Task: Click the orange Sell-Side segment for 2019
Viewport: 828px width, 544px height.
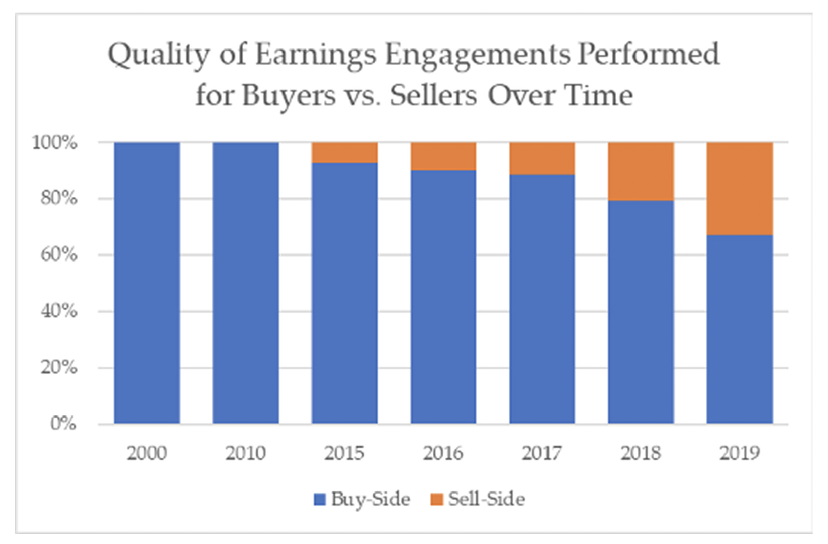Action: pyautogui.click(x=739, y=189)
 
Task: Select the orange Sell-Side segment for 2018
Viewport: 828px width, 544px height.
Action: pyautogui.click(x=640, y=171)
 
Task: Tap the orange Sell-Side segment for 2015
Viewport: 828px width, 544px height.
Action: pyautogui.click(x=345, y=152)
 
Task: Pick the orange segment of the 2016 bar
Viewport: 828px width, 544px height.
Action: pyautogui.click(x=443, y=156)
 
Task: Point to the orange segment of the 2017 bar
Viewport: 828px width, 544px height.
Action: pyautogui.click(x=542, y=158)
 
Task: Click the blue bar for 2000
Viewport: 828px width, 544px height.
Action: pyautogui.click(x=147, y=283)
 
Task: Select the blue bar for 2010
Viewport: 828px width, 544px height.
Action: pyautogui.click(x=246, y=283)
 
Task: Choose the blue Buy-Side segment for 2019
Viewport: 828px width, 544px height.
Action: pyautogui.click(x=739, y=329)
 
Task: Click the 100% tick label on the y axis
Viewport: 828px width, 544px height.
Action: pyautogui.click(x=54, y=143)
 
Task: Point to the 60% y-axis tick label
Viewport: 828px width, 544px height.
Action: pyautogui.click(x=58, y=255)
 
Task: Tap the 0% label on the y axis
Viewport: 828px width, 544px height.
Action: pyautogui.click(x=63, y=423)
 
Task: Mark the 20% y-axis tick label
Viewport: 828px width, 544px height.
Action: pyautogui.click(x=58, y=367)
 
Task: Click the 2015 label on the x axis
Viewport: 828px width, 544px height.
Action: pyautogui.click(x=344, y=453)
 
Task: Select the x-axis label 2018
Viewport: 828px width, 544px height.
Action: pyautogui.click(x=640, y=453)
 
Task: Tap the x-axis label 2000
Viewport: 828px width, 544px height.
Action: pyautogui.click(x=147, y=453)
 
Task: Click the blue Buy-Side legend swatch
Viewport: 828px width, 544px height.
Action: pyautogui.click(x=319, y=500)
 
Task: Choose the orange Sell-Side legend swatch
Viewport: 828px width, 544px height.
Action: pyautogui.click(x=436, y=500)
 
